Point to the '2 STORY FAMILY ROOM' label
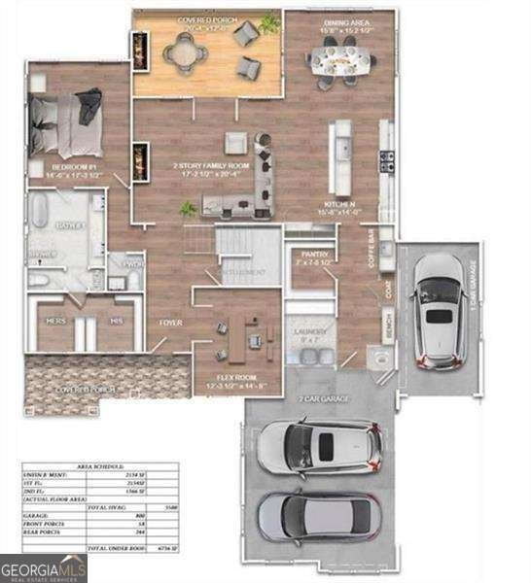coord(211,166)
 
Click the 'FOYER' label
coord(171,322)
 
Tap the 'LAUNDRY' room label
coord(310,331)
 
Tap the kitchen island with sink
coord(342,155)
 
